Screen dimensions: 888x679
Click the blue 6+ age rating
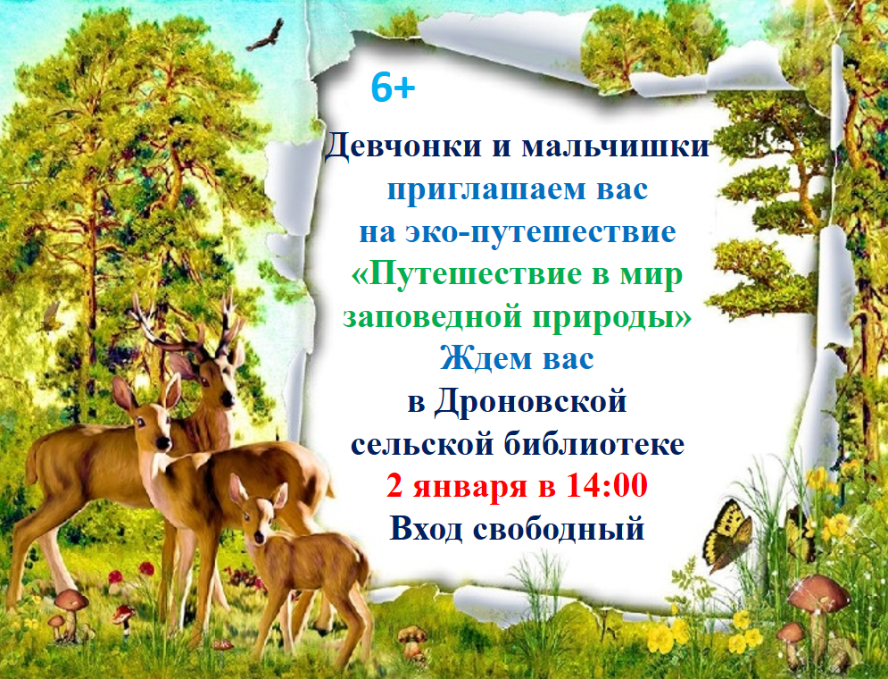coord(393,88)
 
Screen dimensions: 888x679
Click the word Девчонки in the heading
coord(403,147)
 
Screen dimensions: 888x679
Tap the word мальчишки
coord(616,147)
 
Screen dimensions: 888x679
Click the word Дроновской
coord(531,402)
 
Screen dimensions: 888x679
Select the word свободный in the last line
coord(559,530)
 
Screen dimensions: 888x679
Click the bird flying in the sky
coord(266,36)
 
